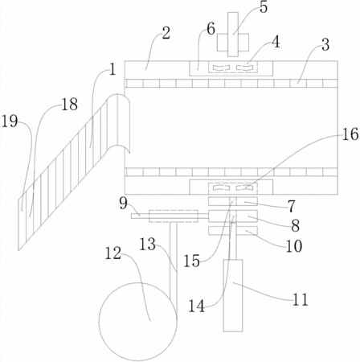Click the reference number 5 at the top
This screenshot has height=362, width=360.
click(264, 7)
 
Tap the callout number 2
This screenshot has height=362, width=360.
click(166, 34)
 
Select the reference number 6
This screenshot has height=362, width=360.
click(211, 29)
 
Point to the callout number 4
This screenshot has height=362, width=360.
click(276, 42)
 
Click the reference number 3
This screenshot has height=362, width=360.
click(325, 44)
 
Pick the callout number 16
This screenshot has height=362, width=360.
click(350, 134)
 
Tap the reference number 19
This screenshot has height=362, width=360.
click(10, 121)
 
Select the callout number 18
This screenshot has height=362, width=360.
click(70, 104)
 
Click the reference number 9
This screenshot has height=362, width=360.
click(123, 204)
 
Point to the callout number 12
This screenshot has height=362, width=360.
click(112, 253)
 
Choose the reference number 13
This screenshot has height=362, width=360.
click(148, 245)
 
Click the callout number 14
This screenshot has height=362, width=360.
click(197, 306)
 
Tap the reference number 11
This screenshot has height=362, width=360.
click(300, 299)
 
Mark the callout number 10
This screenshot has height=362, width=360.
click(294, 246)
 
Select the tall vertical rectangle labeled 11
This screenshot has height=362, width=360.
click(233, 295)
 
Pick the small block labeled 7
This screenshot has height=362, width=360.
click(233, 201)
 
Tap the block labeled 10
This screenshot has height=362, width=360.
click(233, 231)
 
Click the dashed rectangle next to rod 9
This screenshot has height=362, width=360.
click(174, 216)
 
